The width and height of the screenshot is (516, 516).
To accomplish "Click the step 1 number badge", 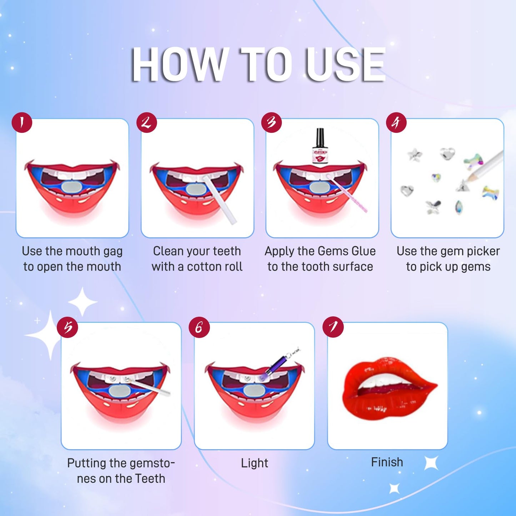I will click(22, 123).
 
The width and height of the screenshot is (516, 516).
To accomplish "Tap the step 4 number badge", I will click(396, 123).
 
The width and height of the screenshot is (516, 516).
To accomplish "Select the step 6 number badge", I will click(199, 327).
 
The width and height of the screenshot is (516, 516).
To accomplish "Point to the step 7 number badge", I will click(333, 327).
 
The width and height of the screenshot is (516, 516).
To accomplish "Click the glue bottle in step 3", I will click(320, 147).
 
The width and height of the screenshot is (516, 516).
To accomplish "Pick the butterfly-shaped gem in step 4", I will click(433, 207).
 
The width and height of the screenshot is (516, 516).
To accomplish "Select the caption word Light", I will click(254, 463).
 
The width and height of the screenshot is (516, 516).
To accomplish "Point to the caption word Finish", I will click(387, 462).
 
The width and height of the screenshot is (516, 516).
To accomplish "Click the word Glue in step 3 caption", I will click(363, 251).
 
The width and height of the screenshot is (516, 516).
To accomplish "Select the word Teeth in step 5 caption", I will click(149, 479).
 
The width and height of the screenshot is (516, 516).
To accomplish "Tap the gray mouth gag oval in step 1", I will click(72, 186).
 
